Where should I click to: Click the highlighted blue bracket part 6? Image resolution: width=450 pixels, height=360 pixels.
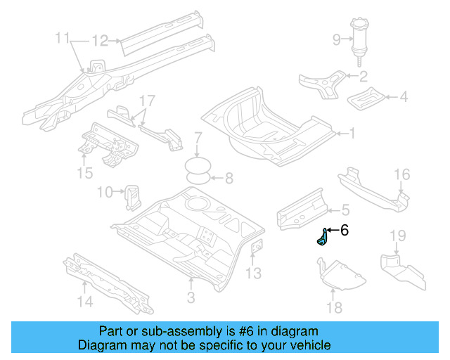point(321,238)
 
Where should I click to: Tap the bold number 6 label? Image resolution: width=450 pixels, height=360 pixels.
point(344,230)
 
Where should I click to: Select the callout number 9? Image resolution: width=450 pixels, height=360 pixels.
point(336,39)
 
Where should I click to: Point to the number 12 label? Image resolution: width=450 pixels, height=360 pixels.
point(100,40)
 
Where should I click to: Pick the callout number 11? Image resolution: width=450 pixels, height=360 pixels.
point(63,37)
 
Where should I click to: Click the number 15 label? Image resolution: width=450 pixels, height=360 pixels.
point(84,172)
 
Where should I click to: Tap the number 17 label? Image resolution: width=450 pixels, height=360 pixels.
point(146,100)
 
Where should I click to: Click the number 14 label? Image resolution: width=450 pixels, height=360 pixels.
point(84,302)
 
